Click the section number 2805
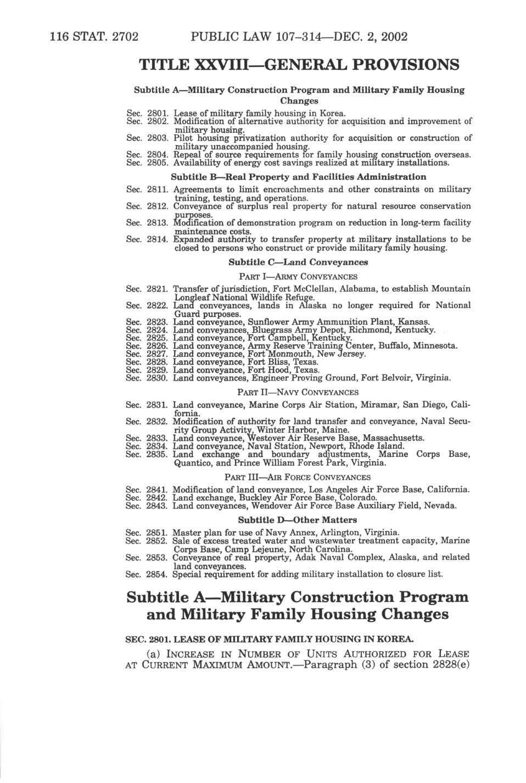click(x=157, y=163)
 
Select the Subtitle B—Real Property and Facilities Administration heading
click(x=298, y=177)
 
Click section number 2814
click(x=157, y=239)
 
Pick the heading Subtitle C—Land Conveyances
click(x=298, y=262)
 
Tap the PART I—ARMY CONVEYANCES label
click(x=298, y=277)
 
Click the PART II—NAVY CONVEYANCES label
click(x=298, y=393)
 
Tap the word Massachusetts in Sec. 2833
click(x=391, y=438)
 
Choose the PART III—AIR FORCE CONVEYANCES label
click(x=298, y=477)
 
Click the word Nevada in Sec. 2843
click(x=440, y=505)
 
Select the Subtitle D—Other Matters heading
click(x=298, y=520)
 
